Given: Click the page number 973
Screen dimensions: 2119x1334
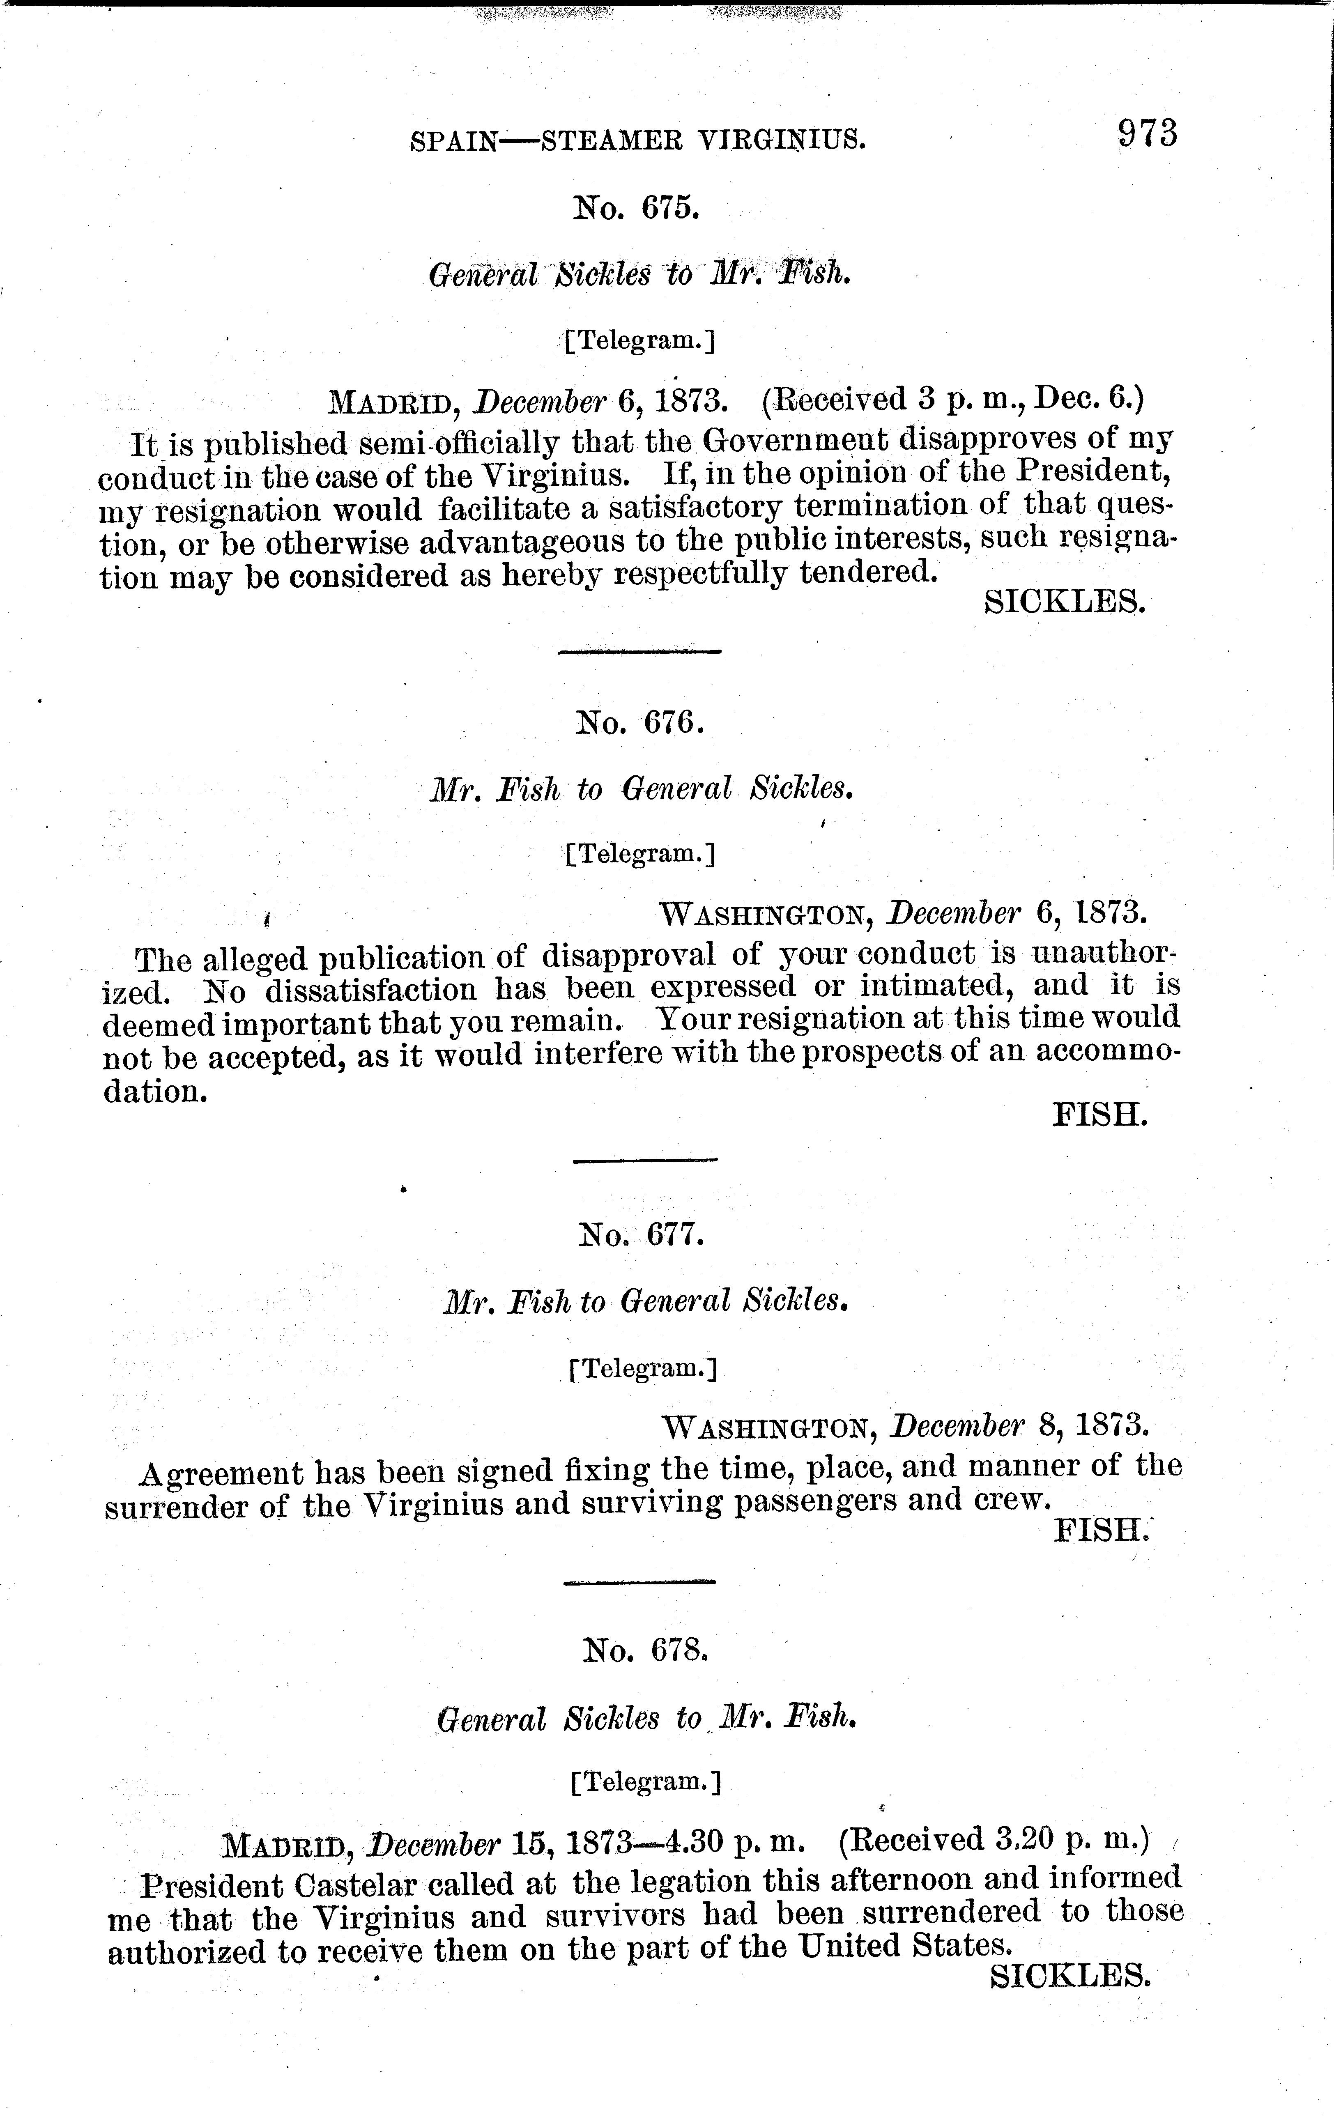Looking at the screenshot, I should pyautogui.click(x=1147, y=134).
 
